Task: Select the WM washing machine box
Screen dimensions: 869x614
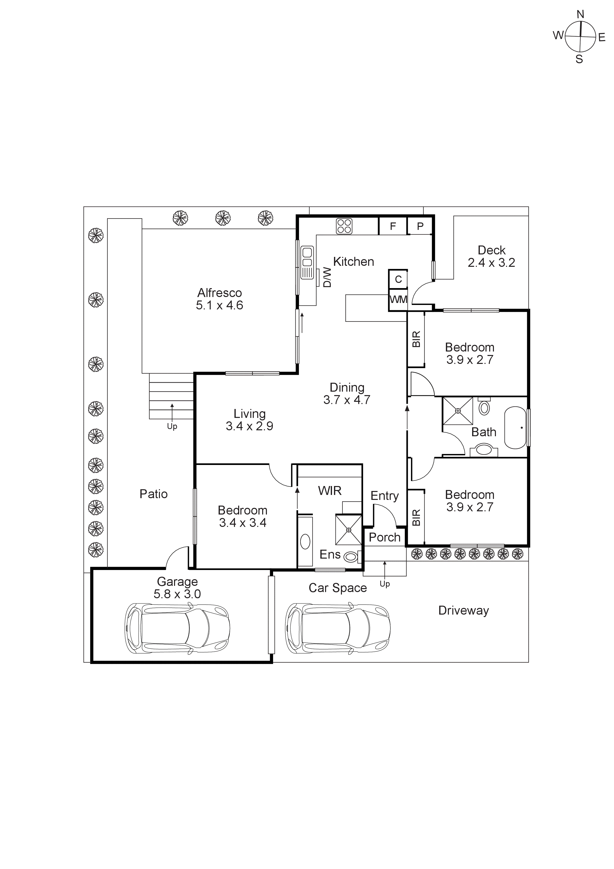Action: tap(398, 299)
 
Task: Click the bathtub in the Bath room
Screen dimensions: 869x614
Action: tap(515, 428)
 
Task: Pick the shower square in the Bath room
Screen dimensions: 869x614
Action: tap(458, 411)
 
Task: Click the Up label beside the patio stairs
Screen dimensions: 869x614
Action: tap(172, 427)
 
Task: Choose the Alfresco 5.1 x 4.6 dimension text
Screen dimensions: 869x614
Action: tap(219, 305)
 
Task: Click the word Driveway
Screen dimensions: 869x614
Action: tap(463, 610)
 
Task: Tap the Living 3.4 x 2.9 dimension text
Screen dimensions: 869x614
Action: tap(249, 426)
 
